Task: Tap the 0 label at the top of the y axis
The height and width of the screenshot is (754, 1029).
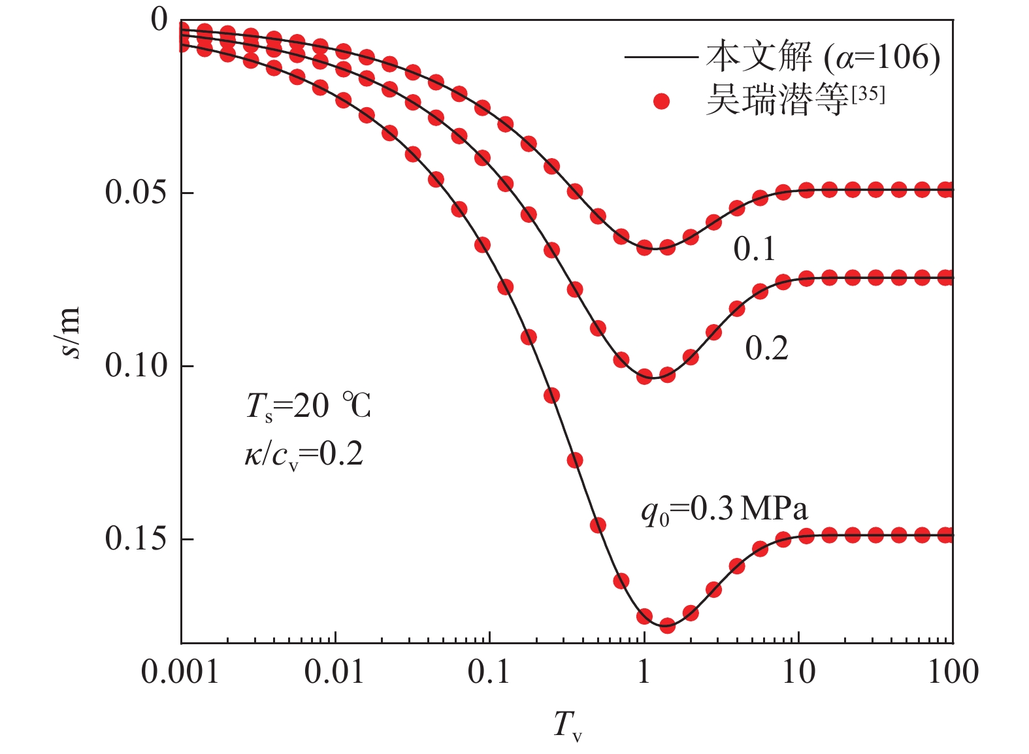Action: [159, 20]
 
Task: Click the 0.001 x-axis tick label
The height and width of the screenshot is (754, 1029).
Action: [180, 672]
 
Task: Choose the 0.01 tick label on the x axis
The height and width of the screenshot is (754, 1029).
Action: [335, 672]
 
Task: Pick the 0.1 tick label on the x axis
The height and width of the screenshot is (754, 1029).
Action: [489, 672]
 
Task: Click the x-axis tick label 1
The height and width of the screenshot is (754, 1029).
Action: [644, 672]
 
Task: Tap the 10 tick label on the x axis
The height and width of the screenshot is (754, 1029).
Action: [798, 672]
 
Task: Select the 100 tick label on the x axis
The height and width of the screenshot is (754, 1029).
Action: [953, 672]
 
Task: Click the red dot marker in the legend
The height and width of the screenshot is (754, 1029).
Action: [662, 101]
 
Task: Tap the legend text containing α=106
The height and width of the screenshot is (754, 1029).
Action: [823, 57]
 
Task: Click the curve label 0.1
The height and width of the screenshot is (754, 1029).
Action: [755, 250]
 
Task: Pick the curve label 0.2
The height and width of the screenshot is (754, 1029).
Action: [766, 349]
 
